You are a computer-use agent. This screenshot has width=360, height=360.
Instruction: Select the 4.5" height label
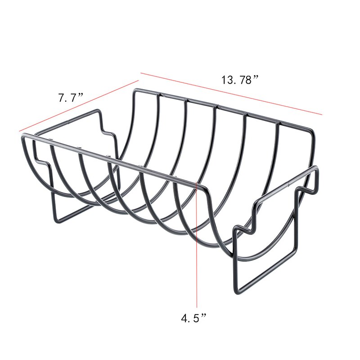(193, 319)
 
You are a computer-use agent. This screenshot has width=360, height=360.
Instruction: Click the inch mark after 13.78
(256, 78)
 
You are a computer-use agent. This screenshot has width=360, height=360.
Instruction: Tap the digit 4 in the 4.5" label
(184, 319)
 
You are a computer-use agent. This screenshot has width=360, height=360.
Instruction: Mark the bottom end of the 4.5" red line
(197, 309)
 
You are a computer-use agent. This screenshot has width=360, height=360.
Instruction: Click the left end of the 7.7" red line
(20, 131)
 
